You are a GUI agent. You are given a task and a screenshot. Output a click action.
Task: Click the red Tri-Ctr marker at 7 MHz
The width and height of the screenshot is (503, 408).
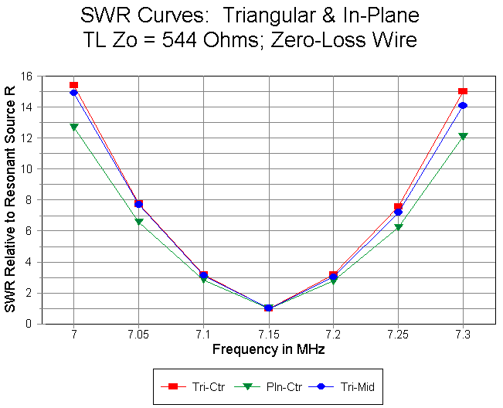(73, 85)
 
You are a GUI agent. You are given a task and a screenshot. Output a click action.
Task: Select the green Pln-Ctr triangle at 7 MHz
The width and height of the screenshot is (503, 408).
(73, 127)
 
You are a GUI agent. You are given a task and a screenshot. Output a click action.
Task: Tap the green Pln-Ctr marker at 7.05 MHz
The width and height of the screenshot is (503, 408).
(138, 222)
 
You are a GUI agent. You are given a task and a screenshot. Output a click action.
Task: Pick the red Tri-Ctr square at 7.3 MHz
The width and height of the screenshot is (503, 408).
(463, 91)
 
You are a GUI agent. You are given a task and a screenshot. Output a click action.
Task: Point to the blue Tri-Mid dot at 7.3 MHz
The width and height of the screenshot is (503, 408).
(463, 106)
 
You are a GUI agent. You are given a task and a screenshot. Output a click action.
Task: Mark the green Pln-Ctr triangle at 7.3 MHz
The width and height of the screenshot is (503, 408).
(463, 136)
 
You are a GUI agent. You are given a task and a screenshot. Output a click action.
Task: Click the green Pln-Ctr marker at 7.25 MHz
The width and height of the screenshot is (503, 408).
(398, 227)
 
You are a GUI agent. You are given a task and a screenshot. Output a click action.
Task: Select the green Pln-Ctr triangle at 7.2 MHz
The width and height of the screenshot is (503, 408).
(333, 280)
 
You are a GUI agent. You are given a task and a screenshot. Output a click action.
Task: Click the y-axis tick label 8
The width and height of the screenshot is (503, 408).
(29, 200)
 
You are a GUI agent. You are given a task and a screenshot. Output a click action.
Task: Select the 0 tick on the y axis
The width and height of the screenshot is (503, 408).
(29, 324)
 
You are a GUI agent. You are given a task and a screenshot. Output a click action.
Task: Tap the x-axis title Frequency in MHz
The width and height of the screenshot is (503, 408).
(268, 350)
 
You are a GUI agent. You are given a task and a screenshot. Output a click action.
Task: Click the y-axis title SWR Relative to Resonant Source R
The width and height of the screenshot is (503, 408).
(10, 200)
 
